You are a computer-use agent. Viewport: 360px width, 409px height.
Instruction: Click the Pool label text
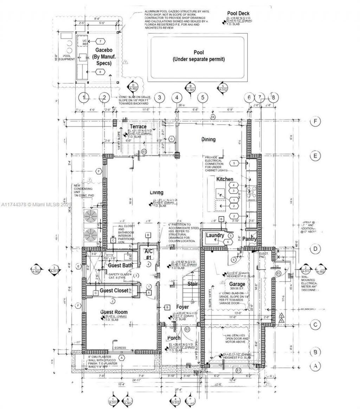198,52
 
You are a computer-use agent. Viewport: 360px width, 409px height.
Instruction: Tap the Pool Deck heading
238,13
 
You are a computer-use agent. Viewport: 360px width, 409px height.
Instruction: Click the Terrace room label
138,126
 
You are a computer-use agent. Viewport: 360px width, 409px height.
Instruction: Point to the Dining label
208,139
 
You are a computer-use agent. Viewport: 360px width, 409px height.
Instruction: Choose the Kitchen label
225,179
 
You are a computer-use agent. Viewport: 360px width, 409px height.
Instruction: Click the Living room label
157,193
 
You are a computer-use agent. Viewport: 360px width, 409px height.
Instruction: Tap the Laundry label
215,235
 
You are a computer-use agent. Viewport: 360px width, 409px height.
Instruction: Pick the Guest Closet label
116,291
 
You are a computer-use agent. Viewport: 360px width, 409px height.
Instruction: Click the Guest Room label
114,312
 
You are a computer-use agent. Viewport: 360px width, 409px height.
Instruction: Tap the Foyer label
182,307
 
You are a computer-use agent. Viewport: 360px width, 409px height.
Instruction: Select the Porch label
174,338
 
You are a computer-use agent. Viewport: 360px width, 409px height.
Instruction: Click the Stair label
192,284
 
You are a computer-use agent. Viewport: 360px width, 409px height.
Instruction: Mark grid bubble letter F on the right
315,122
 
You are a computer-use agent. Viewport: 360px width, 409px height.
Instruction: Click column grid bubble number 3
159,97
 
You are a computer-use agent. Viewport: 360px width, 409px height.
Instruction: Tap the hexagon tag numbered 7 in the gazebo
100,41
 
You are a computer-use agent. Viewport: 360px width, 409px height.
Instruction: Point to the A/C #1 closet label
148,254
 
